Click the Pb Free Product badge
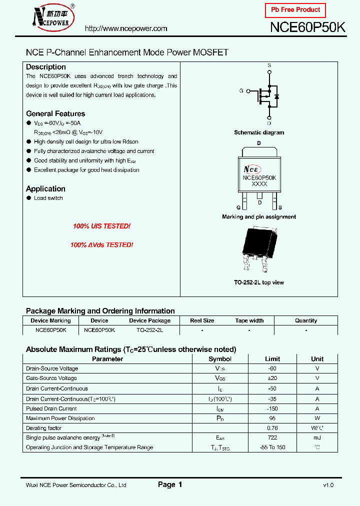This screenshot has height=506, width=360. (x=295, y=10)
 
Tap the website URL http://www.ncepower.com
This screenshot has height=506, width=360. (x=126, y=28)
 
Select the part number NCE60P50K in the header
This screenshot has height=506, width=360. (x=307, y=27)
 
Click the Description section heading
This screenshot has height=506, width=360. (x=46, y=67)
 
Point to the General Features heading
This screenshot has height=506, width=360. (x=55, y=113)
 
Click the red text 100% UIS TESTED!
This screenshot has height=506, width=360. (x=101, y=226)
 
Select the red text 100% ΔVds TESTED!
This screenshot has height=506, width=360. (x=101, y=245)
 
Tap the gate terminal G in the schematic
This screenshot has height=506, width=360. (x=241, y=91)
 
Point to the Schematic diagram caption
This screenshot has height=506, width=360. (x=259, y=132)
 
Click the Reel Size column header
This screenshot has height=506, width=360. (x=202, y=320)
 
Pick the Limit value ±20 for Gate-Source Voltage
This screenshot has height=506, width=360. (x=272, y=378)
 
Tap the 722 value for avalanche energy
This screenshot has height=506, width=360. (x=272, y=437)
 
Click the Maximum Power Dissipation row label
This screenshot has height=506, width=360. (x=60, y=418)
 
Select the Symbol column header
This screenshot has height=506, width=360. (x=219, y=359)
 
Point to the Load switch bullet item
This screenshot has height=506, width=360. (x=48, y=198)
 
